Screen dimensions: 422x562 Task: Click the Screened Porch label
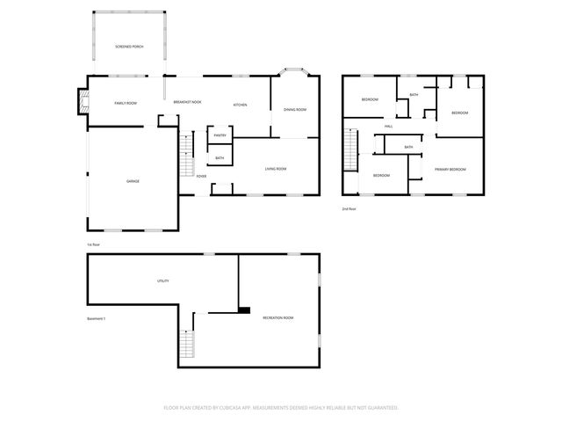(x=129, y=46)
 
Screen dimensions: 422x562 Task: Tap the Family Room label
(x=126, y=103)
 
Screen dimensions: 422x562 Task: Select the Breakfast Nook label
(x=187, y=103)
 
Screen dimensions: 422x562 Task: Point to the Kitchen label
(x=240, y=105)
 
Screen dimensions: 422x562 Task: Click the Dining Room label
(x=294, y=109)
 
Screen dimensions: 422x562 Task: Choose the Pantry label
(x=220, y=135)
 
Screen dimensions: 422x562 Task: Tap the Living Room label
(x=276, y=168)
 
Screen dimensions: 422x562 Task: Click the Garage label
(x=133, y=181)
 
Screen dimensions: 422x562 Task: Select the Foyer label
(x=202, y=176)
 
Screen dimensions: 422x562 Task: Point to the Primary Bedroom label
(x=450, y=169)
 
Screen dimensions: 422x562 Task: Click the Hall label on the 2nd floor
(x=387, y=127)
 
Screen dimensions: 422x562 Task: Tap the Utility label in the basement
(x=162, y=280)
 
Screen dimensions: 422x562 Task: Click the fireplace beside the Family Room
(x=84, y=102)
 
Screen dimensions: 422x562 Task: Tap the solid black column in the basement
(x=244, y=309)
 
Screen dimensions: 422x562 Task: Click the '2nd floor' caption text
(x=349, y=208)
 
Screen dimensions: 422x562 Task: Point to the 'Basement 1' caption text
(x=96, y=317)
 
